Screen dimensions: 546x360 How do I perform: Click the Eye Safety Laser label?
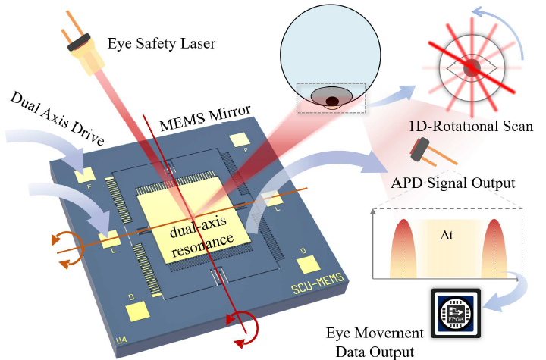point(162,43)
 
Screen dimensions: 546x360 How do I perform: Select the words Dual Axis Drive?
point(57,117)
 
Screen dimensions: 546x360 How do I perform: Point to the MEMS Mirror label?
point(205,117)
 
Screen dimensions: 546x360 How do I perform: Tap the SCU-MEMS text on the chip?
point(317,283)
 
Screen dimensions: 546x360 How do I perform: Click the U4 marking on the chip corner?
point(121,339)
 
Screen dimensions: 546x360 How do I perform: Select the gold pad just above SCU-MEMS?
point(308,265)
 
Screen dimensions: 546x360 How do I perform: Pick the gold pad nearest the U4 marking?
point(137,311)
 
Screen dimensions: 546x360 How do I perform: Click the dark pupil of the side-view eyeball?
point(332,101)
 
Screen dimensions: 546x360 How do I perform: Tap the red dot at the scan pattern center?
point(472,67)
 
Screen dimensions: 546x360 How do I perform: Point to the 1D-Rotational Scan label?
point(471,126)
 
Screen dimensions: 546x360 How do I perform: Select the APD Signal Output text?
point(453,183)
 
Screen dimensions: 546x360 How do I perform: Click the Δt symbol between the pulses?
point(447,236)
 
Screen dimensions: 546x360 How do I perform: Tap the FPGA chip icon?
point(456,313)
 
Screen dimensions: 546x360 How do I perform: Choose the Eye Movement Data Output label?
point(375,343)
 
